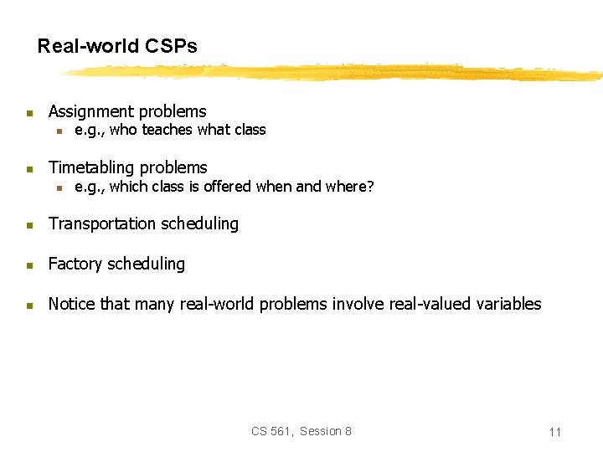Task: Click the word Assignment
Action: [91, 111]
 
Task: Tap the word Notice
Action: [72, 304]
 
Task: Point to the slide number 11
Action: [554, 432]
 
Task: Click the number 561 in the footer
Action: [281, 431]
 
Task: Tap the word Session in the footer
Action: [320, 431]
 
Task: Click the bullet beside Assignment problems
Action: [28, 112]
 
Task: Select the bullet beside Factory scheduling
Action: [28, 265]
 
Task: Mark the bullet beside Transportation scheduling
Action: [28, 224]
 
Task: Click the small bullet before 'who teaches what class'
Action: [59, 131]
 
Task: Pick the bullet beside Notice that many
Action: [28, 305]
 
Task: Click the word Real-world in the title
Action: [88, 46]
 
